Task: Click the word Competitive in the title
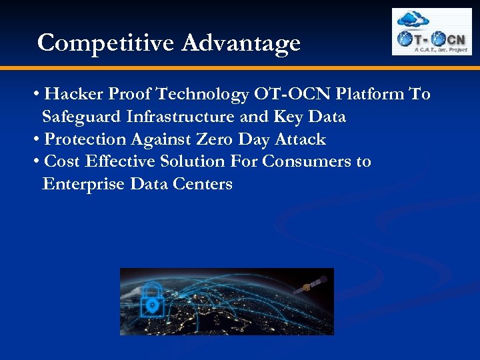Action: tap(106, 43)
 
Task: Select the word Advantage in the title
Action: tap(241, 43)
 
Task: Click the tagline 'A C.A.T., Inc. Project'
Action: tap(441, 49)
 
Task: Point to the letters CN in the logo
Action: tap(455, 38)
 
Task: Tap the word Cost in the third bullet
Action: tap(62, 162)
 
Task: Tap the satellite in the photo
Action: tap(307, 287)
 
